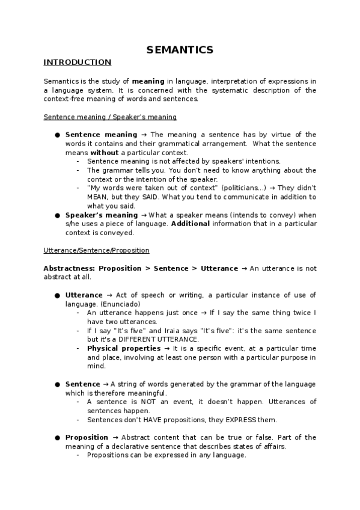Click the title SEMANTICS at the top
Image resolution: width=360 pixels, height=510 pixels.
(x=180, y=50)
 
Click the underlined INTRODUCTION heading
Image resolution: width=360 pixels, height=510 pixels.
(x=77, y=62)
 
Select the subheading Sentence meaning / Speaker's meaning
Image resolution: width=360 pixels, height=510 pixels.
(x=110, y=117)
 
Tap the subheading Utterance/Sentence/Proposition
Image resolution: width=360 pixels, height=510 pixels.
(x=96, y=250)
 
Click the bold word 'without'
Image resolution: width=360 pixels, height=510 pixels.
(x=104, y=152)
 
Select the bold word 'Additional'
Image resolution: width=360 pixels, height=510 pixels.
(x=191, y=223)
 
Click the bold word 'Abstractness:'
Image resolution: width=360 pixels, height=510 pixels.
(x=69, y=268)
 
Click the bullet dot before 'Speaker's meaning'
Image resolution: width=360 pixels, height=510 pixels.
(x=57, y=215)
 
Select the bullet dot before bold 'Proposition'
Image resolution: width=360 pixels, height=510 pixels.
(x=57, y=437)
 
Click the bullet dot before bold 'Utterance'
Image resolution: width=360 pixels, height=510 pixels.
(x=57, y=295)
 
